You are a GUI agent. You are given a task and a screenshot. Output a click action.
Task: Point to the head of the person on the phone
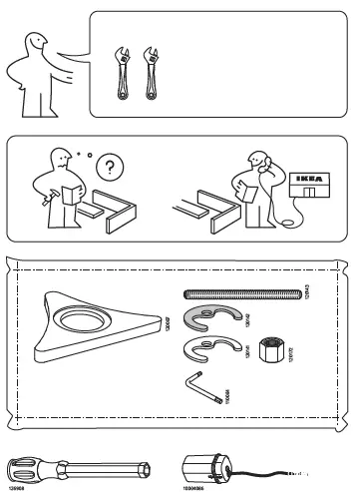pyautogui.click(x=257, y=160)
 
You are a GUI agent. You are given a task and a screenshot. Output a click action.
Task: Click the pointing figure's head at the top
pyautogui.click(x=37, y=43)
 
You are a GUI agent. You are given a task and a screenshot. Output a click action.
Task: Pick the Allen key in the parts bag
pyautogui.click(x=203, y=388)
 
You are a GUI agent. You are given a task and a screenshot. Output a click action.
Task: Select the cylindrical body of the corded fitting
pyautogui.click(x=205, y=471)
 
